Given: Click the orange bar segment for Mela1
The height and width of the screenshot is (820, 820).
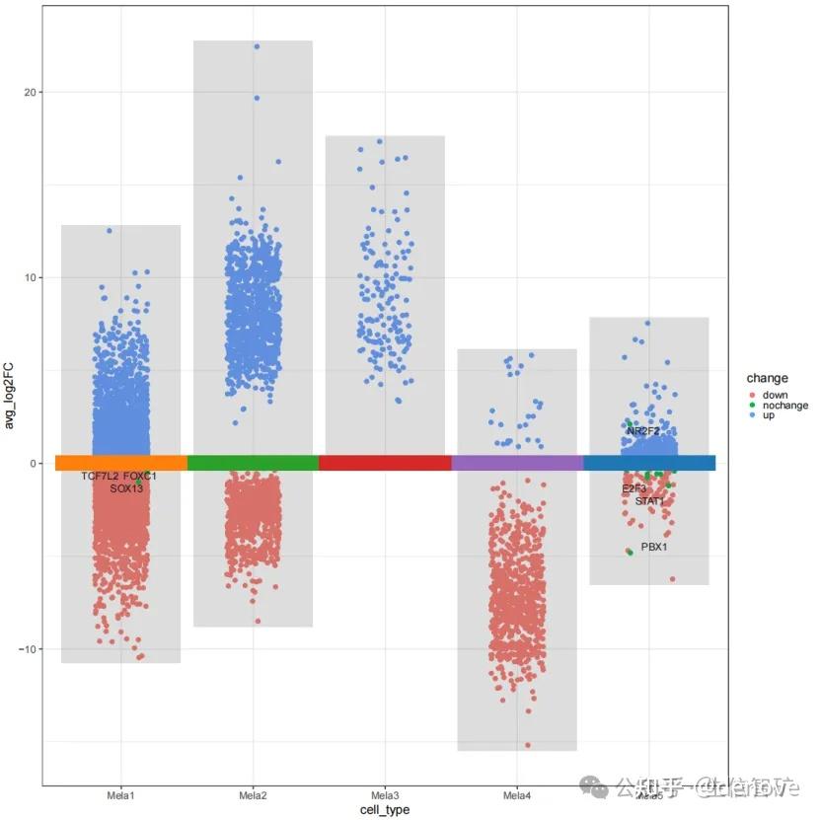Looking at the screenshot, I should tap(120, 463).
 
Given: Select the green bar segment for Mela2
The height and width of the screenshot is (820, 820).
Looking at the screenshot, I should tap(253, 463).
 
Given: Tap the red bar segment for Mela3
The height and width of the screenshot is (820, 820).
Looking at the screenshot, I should tap(385, 463).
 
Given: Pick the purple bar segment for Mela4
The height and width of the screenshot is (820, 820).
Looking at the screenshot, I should tap(517, 463).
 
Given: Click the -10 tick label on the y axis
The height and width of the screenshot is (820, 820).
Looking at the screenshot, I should tap(27, 648).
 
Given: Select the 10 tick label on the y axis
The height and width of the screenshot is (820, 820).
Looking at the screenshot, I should tap(30, 277).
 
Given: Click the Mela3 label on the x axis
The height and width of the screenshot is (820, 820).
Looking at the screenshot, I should tap(385, 795).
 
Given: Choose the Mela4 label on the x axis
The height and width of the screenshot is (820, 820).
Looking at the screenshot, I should tap(517, 795).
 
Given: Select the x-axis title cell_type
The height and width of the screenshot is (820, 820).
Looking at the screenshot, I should tap(385, 810).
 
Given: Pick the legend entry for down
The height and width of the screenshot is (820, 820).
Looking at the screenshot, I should tap(775, 395).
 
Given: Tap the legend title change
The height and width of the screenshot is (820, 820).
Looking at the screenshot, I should tap(767, 378).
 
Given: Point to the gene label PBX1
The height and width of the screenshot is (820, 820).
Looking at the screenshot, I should tap(654, 547).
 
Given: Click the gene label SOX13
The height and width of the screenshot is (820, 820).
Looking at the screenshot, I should tap(126, 488).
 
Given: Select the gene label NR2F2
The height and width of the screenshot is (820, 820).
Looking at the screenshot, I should tap(643, 431).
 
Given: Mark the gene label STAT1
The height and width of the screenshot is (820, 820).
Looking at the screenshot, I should tap(650, 501).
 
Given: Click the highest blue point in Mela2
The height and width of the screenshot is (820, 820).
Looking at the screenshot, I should tap(257, 46).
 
